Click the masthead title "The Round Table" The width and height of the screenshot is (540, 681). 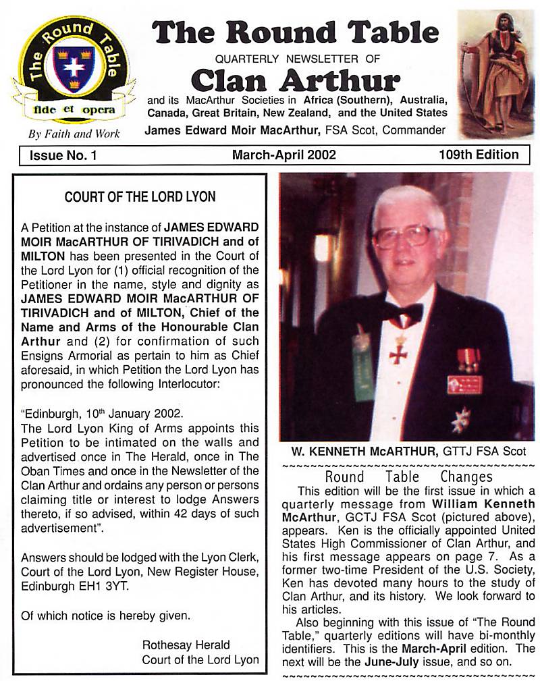295,33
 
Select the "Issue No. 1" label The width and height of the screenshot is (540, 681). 63,155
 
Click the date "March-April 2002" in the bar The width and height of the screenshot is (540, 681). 283,155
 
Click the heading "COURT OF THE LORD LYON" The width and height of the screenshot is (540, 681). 140,197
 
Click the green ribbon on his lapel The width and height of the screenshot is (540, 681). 362,364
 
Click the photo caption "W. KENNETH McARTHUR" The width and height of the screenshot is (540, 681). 375,451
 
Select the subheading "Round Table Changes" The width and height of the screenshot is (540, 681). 408,476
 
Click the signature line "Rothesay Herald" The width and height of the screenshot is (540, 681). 186,645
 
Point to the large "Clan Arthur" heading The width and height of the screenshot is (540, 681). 296,80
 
